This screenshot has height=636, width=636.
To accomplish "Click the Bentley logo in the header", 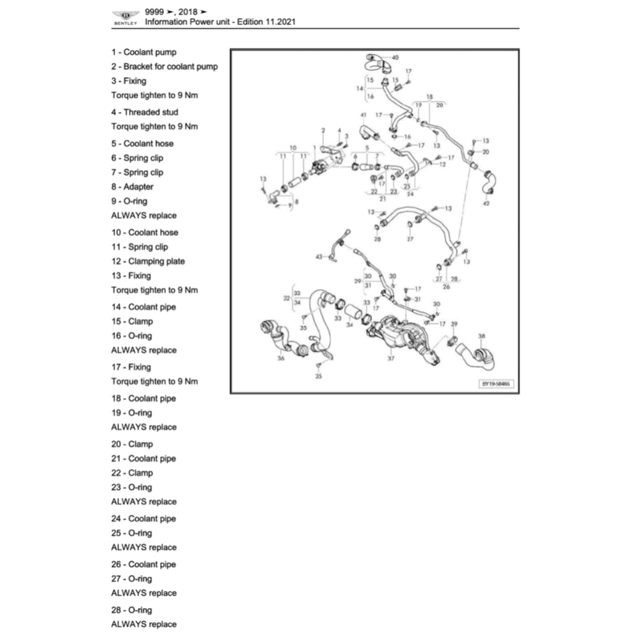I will (x=126, y=17).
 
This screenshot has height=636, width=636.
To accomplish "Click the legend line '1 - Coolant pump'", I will (x=143, y=52).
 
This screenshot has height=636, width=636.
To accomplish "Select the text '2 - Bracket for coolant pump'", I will (x=165, y=66).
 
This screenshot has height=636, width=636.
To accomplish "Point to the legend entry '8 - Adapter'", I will (x=132, y=187).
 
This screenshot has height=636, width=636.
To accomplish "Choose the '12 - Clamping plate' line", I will (x=148, y=261).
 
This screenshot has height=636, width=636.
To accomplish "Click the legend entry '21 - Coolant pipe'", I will (x=143, y=458).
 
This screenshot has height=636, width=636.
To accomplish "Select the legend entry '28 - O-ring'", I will (x=132, y=610).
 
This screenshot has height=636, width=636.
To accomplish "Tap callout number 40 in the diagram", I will (x=396, y=58).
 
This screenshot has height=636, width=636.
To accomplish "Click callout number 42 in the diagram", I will (x=486, y=204).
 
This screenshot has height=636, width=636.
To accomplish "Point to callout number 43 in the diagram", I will (x=319, y=256).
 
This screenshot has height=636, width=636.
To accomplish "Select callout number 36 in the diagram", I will (x=281, y=358).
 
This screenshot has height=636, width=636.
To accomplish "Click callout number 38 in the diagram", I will (x=481, y=336).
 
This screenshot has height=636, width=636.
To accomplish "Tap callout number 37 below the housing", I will (x=391, y=358).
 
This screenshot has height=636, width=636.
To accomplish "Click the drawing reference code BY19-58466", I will (x=496, y=384).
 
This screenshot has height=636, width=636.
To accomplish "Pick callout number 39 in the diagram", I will (x=454, y=324).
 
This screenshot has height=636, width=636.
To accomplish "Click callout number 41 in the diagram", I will (x=363, y=116).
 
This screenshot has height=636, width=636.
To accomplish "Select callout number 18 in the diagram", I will (x=429, y=97).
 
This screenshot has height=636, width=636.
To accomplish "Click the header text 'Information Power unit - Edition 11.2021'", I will (x=220, y=22).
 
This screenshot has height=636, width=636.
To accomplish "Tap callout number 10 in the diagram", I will (x=293, y=148).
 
